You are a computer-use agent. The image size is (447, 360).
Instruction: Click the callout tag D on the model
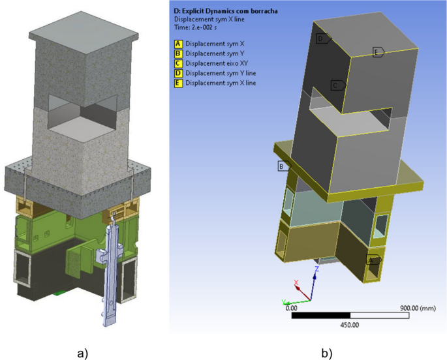pos(322,39)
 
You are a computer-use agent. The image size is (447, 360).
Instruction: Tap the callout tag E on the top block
pos(378,52)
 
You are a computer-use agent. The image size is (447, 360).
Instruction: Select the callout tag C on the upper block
pos(337,85)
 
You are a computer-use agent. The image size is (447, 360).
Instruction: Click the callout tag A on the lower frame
pos(373,260)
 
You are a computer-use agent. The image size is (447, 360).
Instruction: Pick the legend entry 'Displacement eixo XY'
pos(217,63)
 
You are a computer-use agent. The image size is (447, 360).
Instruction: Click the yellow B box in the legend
pos(177,53)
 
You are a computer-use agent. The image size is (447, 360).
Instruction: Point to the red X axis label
pos(297,283)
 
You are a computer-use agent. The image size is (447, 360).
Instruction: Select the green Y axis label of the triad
pos(284,301)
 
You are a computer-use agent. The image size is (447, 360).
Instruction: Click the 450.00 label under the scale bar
pos(350,325)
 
